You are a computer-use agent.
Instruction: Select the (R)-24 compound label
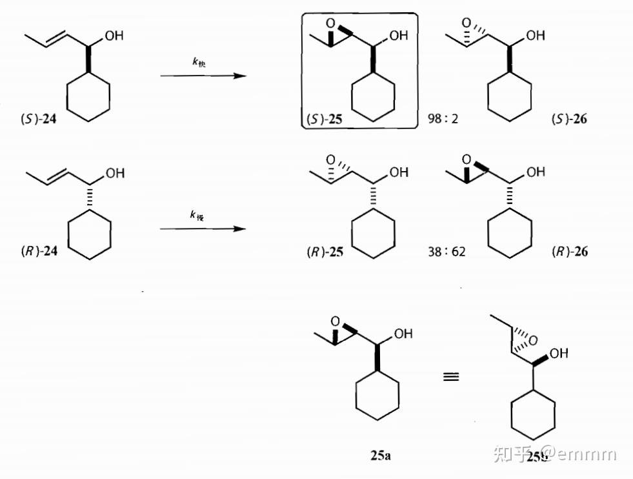[x=39, y=250]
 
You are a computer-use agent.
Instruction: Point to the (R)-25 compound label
[x=325, y=252]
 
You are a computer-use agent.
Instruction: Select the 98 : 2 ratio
[x=443, y=119]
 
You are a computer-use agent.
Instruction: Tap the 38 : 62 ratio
[x=446, y=252]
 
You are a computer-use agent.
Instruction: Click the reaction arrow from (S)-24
[x=203, y=76]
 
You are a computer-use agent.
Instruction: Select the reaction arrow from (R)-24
[x=203, y=229]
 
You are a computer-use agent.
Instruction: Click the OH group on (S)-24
[x=114, y=37]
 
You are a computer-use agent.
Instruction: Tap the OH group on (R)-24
[x=115, y=173]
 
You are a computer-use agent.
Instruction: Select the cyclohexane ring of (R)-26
[x=510, y=232]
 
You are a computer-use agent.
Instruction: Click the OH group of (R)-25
[x=399, y=172]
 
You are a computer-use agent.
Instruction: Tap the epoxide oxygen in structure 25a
[x=335, y=321]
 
